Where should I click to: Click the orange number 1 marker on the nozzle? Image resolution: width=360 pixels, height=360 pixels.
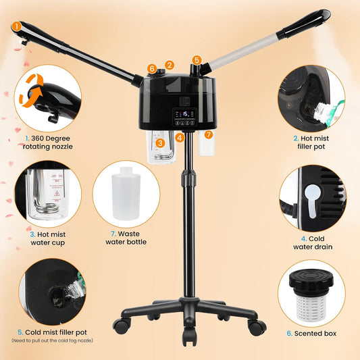point(16,26)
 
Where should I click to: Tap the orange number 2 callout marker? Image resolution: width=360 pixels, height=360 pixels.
point(170,66)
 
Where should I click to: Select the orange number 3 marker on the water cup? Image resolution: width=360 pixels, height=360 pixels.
point(160,143)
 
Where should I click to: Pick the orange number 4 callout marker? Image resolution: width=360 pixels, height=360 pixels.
point(180,138)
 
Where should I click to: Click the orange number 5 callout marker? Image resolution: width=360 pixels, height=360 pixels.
point(197,60)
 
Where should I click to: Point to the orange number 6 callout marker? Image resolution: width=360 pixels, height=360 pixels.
point(152,68)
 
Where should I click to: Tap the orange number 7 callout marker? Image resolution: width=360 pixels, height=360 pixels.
point(209,134)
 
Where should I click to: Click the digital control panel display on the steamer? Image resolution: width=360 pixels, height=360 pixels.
point(185,117)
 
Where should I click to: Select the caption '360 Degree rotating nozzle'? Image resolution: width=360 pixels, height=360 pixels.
point(48,143)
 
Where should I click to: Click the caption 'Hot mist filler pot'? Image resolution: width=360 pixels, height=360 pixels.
point(311,143)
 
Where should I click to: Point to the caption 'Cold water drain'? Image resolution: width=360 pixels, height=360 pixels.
point(313,242)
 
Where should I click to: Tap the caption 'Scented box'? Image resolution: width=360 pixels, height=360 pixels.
point(311,334)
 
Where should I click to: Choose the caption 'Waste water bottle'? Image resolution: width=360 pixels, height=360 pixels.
point(126,238)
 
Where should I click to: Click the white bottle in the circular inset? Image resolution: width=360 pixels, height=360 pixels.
point(126,193)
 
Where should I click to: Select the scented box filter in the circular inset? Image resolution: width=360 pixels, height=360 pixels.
point(311,296)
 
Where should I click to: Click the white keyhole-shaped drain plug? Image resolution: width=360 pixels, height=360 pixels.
point(313,201)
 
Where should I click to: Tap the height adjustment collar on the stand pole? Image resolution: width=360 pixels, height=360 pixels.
point(189,178)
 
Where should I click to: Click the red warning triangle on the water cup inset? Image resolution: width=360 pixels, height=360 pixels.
point(57,193)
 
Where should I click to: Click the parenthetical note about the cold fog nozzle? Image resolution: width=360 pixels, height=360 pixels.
point(53,340)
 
